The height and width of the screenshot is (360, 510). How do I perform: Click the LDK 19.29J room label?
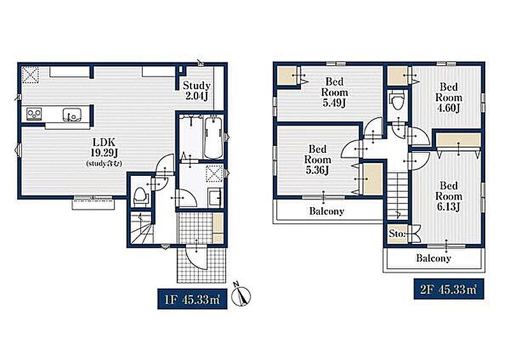click(x=104, y=152)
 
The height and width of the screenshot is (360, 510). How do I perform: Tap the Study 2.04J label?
click(x=196, y=90)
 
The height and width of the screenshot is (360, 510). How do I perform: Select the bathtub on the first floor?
click(x=214, y=138)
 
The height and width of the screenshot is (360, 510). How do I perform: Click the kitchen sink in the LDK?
click(x=71, y=115)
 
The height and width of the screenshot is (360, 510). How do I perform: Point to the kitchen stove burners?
click(x=34, y=114)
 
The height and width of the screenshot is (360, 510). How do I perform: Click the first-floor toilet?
click(x=140, y=196)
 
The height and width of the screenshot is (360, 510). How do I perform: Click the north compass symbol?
click(x=241, y=295)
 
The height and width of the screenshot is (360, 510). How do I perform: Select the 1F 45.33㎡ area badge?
click(x=193, y=299)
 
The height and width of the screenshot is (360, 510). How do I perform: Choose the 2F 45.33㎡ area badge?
click(x=449, y=289)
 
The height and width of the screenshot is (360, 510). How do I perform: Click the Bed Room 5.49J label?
click(x=334, y=92)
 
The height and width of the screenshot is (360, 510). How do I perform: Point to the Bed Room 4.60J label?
click(x=449, y=97)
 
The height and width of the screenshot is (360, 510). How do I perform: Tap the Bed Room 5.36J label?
click(x=317, y=159)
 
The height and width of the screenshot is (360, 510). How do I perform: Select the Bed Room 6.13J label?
click(x=449, y=196)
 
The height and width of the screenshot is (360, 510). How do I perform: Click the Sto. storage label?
click(x=397, y=233)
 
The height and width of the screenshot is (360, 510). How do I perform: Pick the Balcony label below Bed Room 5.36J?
click(x=326, y=211)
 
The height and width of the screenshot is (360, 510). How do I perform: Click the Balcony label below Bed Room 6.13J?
click(x=433, y=258)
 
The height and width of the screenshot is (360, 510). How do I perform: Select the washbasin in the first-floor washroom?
click(x=215, y=198)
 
